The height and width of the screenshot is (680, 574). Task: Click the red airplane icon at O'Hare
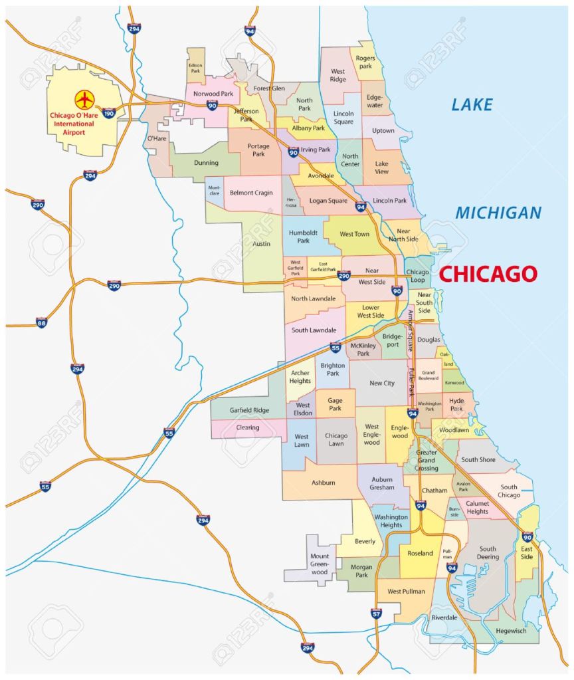84,100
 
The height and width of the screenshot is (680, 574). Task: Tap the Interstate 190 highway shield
110,113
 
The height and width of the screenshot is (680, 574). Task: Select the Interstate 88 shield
41,322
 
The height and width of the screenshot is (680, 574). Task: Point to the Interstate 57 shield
377,613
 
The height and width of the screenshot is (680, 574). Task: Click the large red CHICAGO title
488,274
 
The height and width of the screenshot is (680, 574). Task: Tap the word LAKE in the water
472,104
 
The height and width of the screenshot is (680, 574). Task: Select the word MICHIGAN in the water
498,213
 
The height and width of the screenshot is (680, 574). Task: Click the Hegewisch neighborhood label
514,630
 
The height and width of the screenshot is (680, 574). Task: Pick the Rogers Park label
366,62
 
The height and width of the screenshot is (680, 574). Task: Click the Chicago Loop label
417,277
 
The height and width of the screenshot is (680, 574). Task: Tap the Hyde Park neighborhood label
456,405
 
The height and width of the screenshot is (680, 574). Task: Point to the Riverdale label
444,618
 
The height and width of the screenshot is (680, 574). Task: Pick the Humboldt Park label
304,237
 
